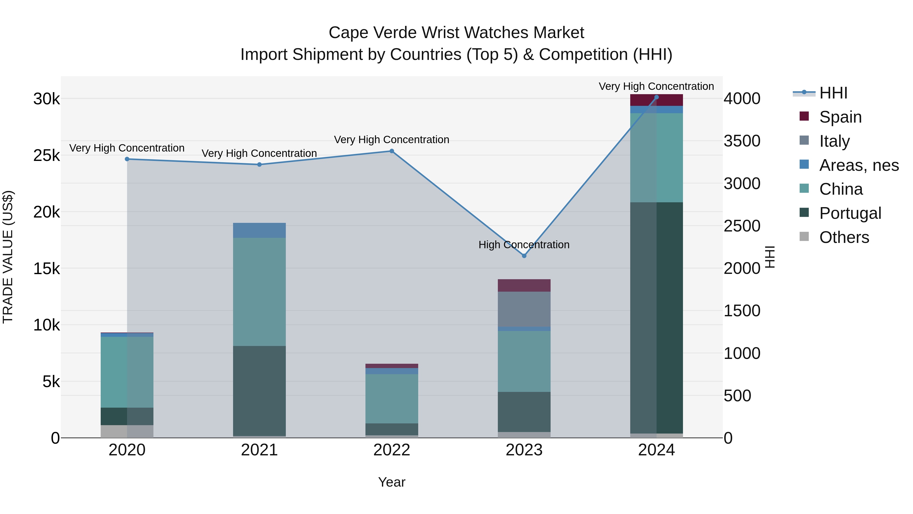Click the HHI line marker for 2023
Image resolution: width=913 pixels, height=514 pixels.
(x=524, y=256)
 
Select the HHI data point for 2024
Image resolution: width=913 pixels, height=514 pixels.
(x=656, y=97)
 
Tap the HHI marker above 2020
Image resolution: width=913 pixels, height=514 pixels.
(x=127, y=159)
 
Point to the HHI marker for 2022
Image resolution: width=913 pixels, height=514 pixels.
(x=392, y=151)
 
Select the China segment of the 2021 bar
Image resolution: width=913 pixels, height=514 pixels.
(x=259, y=292)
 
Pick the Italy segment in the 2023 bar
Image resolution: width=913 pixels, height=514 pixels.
(x=524, y=309)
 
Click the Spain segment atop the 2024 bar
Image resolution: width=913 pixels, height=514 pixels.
(x=656, y=100)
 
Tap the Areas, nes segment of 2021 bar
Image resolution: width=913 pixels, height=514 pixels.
(x=259, y=230)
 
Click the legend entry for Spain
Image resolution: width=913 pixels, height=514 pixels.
(x=840, y=117)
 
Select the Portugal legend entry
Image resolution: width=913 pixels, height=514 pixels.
(x=850, y=213)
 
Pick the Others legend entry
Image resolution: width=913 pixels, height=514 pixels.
(x=844, y=237)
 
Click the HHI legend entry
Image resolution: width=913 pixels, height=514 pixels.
(x=833, y=93)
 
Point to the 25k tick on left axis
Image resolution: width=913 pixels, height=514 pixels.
(x=46, y=155)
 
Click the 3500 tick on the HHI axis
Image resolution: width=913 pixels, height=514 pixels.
(x=742, y=141)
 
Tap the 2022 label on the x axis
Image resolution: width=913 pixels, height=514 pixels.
(x=392, y=450)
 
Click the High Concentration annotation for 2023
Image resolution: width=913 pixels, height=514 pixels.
(x=524, y=245)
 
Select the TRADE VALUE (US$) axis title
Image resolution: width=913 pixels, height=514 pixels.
(x=8, y=257)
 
